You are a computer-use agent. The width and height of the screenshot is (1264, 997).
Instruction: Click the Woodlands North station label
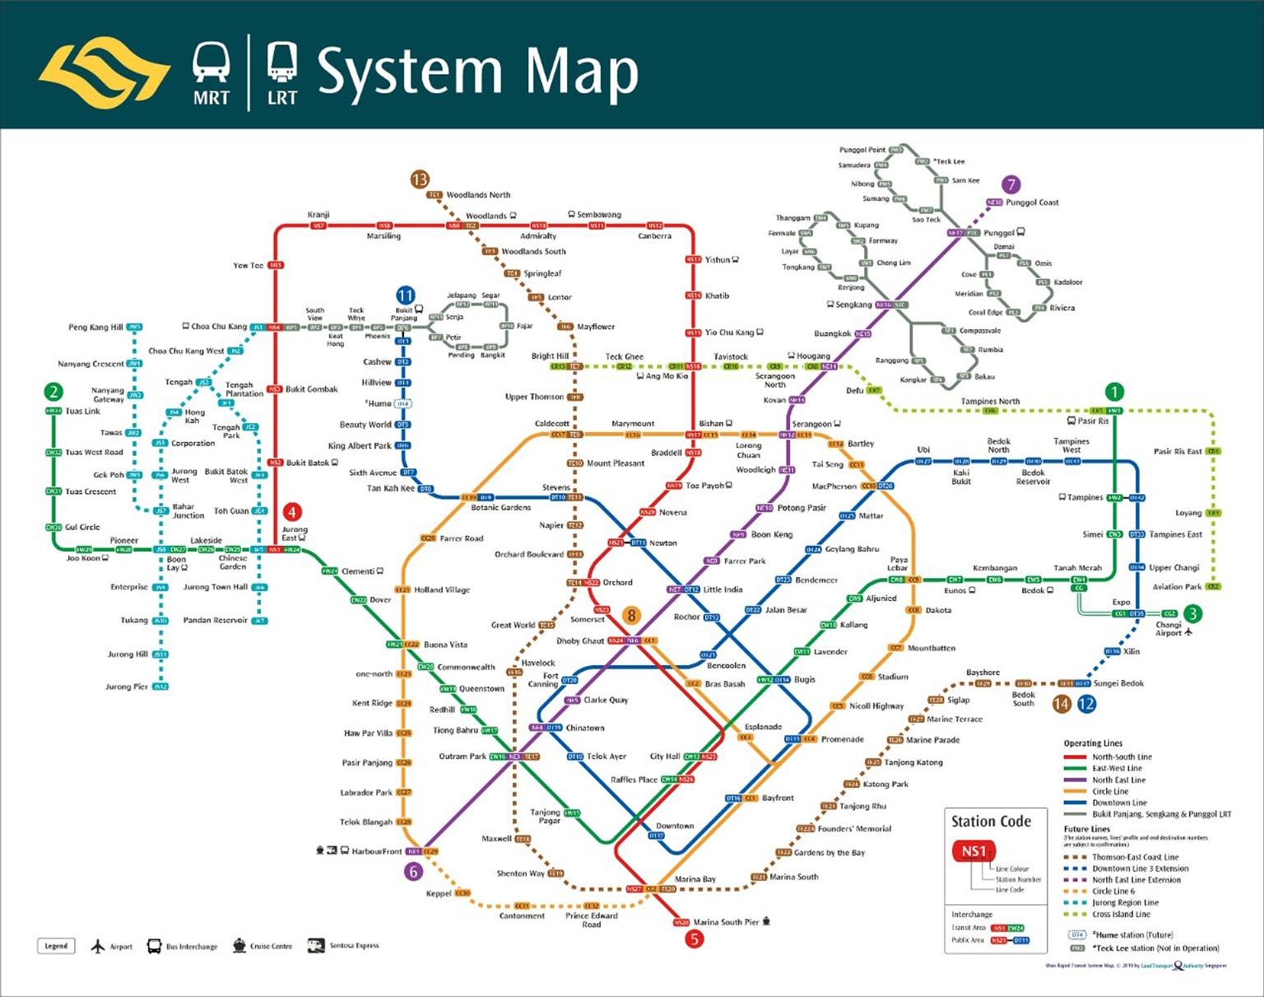(478, 195)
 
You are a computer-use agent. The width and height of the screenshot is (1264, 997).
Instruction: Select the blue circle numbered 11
(406, 296)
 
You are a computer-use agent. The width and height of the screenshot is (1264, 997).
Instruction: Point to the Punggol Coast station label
(1032, 203)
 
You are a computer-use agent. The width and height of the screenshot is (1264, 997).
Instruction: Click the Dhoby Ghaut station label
(579, 641)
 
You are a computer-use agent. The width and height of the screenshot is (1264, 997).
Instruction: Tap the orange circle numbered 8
(631, 615)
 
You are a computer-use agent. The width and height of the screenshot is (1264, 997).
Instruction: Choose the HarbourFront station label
(377, 851)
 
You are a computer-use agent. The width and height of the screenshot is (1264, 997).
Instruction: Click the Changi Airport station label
(1169, 629)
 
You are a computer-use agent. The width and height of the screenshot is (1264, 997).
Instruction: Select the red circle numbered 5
(695, 939)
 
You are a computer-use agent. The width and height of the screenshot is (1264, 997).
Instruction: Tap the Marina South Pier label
(726, 922)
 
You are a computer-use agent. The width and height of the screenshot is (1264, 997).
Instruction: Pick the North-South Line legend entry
(1122, 757)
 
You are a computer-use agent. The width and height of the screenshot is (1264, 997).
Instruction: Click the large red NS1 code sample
(974, 851)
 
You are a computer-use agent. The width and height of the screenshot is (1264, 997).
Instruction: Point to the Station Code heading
(991, 821)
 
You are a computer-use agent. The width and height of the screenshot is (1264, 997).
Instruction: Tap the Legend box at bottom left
(56, 946)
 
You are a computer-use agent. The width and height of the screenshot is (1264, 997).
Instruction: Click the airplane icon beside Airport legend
(99, 946)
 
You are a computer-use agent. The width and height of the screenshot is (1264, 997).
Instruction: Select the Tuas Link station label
(82, 411)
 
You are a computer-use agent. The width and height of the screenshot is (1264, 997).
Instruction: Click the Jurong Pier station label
(126, 687)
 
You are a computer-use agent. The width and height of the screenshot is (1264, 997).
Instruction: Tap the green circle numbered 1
(1114, 392)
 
